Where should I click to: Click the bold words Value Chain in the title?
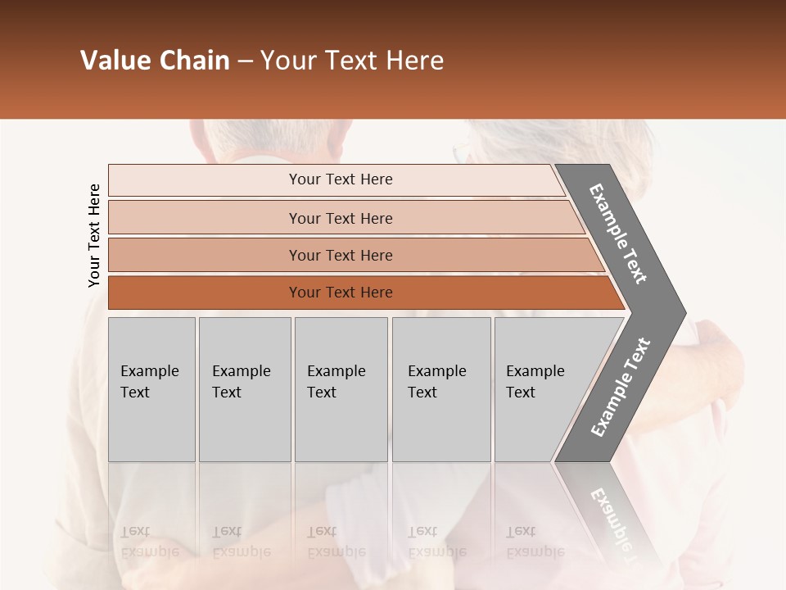155,61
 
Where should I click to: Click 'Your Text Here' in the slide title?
352,61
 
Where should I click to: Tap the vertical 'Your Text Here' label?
94,236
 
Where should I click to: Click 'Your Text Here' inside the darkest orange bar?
341,293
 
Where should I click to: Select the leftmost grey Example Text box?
151,389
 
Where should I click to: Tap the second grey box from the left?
245,389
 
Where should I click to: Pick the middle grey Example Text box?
341,389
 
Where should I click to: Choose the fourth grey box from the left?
441,389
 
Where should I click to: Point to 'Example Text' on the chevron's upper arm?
618,234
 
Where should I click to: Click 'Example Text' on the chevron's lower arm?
621,388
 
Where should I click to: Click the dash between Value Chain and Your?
245,61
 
